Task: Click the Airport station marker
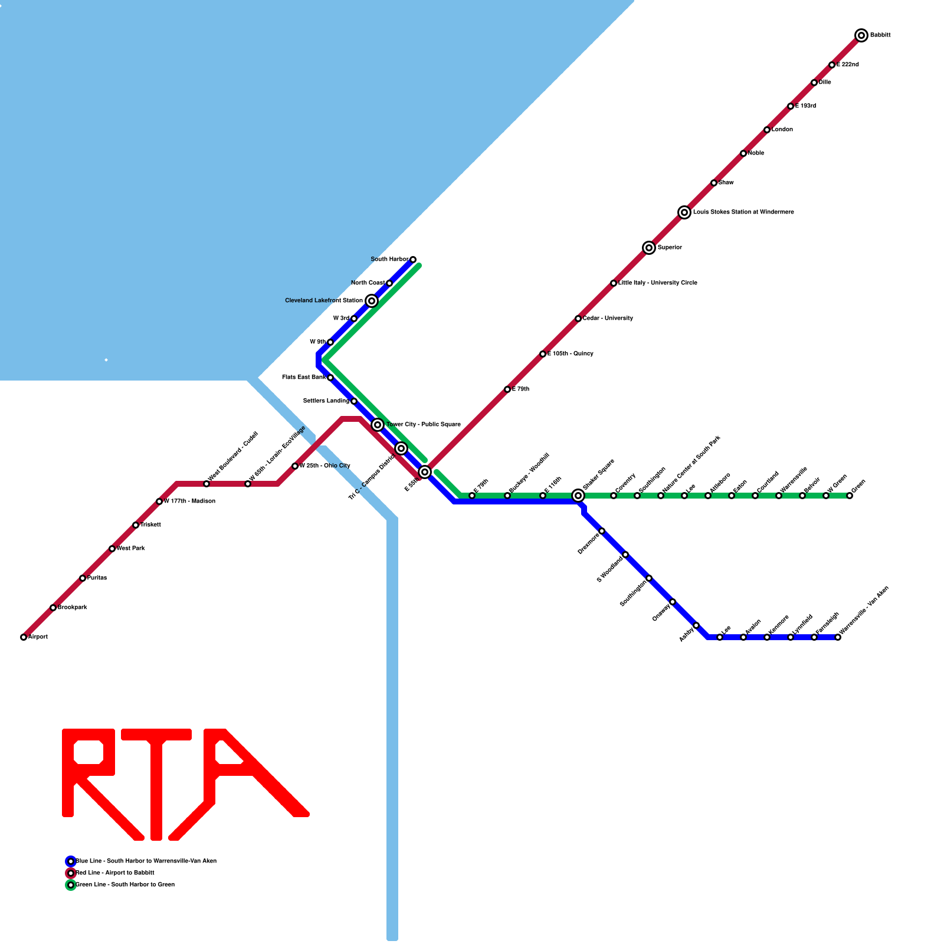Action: [24, 637]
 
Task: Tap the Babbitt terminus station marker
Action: [861, 35]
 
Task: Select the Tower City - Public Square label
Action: [424, 425]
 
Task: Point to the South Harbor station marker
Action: [413, 260]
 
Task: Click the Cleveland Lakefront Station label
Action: [323, 301]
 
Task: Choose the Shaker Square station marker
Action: [578, 496]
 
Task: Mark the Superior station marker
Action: [649, 248]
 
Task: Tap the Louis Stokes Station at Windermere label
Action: [743, 212]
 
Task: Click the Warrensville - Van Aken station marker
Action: [838, 637]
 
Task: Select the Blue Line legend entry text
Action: [146, 861]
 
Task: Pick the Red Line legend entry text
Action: [115, 873]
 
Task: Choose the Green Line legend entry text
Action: [125, 885]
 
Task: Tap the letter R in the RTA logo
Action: [88, 779]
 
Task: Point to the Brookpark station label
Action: [73, 608]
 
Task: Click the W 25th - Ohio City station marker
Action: [295, 466]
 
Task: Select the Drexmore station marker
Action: [602, 531]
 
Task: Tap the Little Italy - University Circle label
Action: [658, 283]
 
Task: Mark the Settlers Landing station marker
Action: [354, 401]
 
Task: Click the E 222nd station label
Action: [848, 65]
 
